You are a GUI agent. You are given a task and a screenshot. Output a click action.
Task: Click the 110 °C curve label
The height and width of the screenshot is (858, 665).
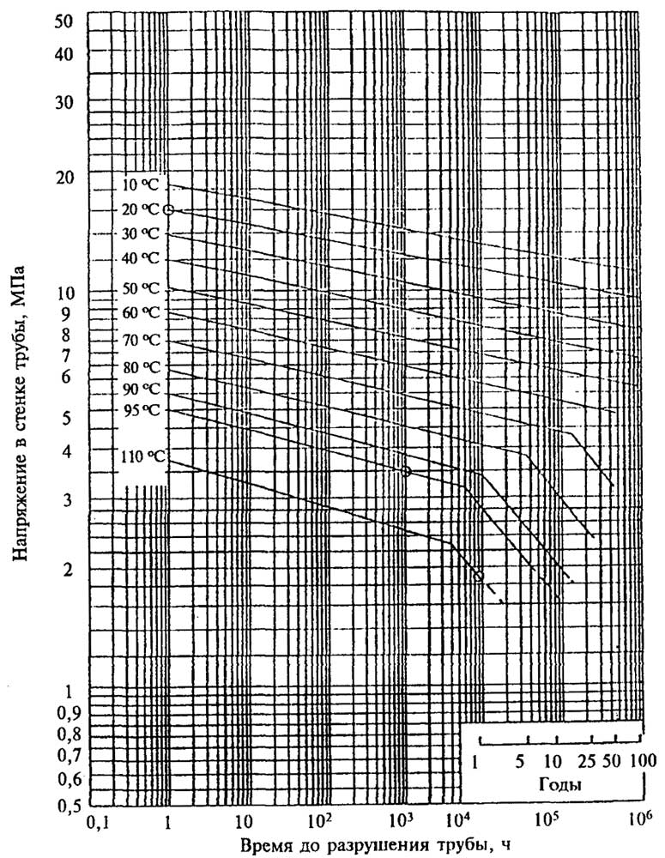coord(139,457)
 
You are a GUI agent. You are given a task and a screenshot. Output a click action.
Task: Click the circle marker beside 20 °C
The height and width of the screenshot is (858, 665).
coord(169,209)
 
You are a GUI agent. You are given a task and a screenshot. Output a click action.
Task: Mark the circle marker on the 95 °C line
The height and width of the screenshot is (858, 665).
coord(406,471)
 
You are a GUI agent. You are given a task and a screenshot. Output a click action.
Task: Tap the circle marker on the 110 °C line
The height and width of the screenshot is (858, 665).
coord(479,575)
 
